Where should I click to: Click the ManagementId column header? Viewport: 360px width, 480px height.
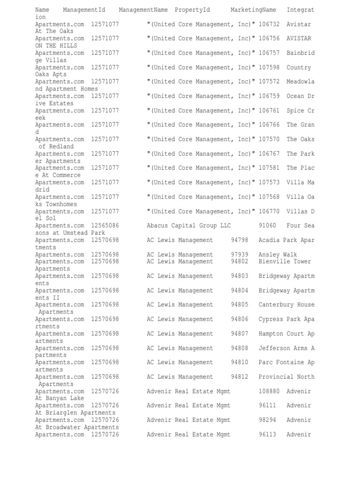point(84,10)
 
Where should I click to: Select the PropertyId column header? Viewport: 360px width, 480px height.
point(192,10)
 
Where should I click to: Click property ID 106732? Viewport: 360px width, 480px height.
point(269,24)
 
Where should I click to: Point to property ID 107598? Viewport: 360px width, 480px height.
point(269,67)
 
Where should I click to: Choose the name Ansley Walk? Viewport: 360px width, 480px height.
point(277,255)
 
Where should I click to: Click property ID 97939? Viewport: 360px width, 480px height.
point(240,255)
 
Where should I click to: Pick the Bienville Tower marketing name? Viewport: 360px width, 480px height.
point(285,262)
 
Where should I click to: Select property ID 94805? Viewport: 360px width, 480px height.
point(240,305)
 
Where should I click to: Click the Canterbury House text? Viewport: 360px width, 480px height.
point(286,305)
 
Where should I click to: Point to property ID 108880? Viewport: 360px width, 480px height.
point(269,391)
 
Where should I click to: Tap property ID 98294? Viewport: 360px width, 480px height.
point(267,420)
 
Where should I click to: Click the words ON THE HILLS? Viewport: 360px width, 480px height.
point(54,46)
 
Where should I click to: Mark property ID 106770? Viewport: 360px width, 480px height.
point(269,211)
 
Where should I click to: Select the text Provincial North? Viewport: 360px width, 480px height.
point(286,377)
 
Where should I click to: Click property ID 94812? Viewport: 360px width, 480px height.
point(240,377)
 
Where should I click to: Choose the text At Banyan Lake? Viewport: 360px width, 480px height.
point(60,398)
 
